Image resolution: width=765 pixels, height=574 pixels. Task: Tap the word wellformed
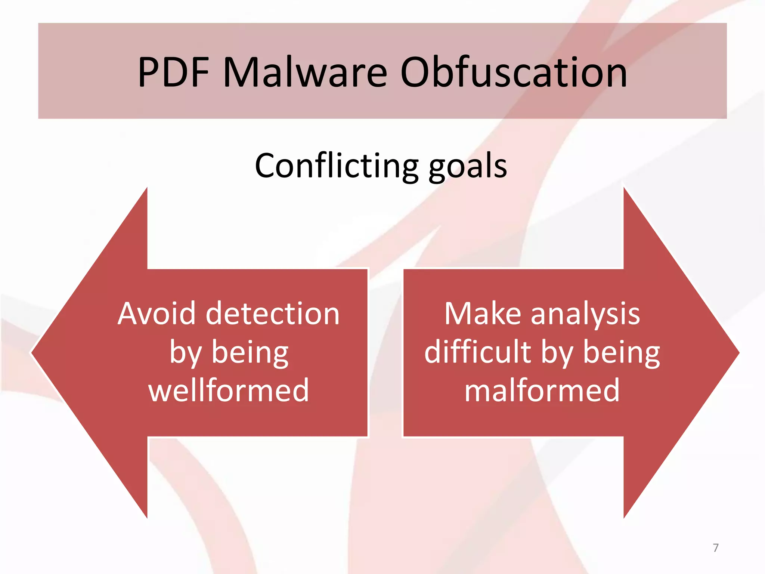[229, 390]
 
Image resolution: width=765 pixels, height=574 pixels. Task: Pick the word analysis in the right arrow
[585, 314]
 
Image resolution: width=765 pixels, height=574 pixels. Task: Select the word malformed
[542, 390]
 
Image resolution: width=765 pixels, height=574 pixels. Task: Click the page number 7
[715, 548]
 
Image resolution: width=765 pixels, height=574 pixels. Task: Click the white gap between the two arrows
[385, 352]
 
